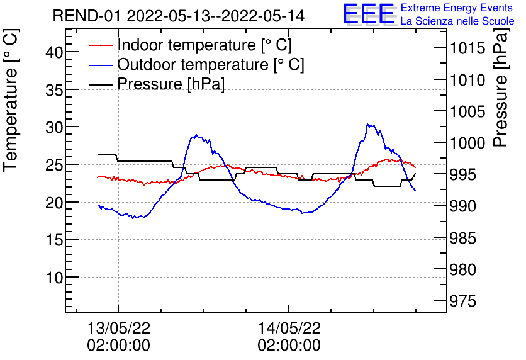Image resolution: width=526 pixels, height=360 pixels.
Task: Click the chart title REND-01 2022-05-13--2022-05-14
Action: point(178,16)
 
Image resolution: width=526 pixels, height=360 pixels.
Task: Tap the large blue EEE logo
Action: point(369,14)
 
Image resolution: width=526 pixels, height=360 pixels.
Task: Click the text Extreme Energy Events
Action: point(457,8)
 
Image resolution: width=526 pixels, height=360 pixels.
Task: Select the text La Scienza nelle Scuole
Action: point(457,21)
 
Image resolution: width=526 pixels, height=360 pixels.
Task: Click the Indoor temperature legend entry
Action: point(204,45)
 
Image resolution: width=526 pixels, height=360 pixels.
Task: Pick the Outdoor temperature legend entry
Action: point(210,64)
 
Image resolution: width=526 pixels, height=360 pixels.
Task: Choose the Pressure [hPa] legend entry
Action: point(171,84)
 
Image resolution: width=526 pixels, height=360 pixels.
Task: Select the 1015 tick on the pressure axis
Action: point(467,48)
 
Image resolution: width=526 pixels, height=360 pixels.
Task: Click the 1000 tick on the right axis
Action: point(467,143)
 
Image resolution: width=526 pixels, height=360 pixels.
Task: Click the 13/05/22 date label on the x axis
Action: point(118,328)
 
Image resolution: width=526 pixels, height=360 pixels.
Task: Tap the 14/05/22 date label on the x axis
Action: point(289,328)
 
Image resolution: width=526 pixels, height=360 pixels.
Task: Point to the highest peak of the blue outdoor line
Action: point(367,124)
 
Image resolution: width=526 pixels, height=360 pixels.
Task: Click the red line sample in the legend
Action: point(101,45)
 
